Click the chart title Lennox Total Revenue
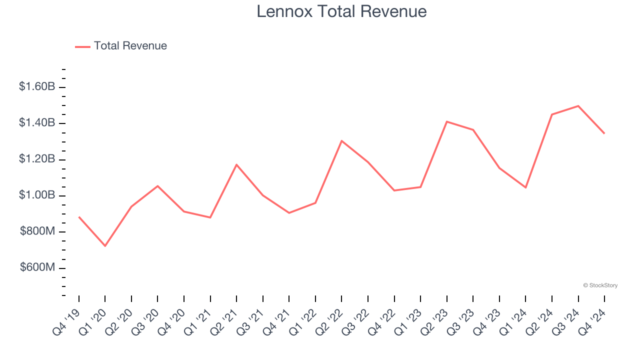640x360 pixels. coord(341,11)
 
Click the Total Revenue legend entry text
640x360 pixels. coord(130,46)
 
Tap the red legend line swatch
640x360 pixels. coord(82,46)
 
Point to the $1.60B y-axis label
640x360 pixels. coord(37,86)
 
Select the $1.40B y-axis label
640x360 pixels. coord(37,123)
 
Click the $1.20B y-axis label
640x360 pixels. coord(37,159)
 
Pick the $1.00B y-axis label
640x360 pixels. coord(37,195)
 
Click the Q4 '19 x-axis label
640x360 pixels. coord(66,322)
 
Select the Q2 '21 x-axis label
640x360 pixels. coord(224,322)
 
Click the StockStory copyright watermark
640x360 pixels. coord(600,285)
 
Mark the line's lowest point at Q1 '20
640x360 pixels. coord(105,246)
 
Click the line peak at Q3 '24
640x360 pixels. coord(578,106)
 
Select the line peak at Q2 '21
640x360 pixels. coord(236,164)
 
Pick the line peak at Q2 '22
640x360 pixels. coord(341,140)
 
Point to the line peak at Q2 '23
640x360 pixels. coord(446,121)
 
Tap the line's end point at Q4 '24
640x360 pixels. coord(604,133)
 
